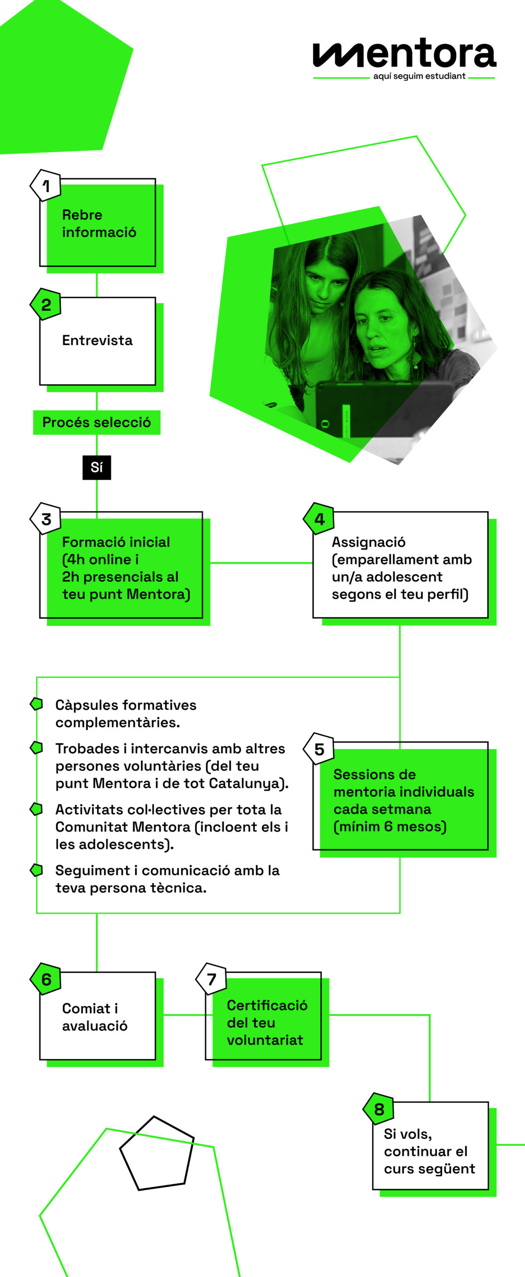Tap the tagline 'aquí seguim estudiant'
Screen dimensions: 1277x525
click(419, 76)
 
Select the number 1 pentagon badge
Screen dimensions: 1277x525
click(45, 186)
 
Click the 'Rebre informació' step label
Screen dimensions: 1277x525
click(99, 223)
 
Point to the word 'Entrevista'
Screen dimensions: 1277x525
click(97, 340)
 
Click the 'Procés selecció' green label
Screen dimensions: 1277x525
click(96, 423)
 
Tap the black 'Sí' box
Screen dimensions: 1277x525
click(97, 467)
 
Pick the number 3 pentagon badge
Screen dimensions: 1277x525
click(46, 519)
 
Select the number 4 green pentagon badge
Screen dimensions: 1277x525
click(319, 519)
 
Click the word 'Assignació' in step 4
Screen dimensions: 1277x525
click(368, 542)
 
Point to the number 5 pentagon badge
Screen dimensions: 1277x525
click(319, 749)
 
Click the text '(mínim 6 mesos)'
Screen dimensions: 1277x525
click(390, 827)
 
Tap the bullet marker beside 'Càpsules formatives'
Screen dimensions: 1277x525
click(36, 704)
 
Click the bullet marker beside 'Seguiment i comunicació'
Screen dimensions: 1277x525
click(36, 869)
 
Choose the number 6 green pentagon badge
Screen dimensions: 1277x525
click(46, 979)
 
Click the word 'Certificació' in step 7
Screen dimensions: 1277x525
click(267, 1005)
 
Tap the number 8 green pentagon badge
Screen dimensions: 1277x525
click(379, 1109)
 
